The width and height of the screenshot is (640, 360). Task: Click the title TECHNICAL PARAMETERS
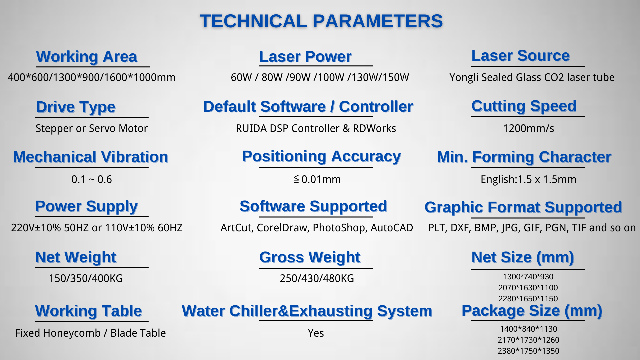321,21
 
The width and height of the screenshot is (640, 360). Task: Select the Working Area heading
87,57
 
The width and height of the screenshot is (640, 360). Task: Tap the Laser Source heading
521,56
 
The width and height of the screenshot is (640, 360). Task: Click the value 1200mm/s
528,128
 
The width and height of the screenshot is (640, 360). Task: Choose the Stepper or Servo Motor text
91,128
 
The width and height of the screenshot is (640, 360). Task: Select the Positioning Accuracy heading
321,157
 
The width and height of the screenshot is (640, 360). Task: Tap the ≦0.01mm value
317,179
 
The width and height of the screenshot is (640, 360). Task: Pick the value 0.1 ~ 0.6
92,179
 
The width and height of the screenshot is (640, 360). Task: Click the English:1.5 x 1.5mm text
528,179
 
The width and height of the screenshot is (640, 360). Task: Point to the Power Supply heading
86,207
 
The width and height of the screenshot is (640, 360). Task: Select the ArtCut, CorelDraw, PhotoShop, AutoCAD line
317,228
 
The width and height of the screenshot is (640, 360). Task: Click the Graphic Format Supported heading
523,207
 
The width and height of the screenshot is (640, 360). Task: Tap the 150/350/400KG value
86,278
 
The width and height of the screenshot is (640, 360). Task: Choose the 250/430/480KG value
317,278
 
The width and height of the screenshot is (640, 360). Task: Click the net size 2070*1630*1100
528,288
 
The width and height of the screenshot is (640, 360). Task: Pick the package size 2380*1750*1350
528,351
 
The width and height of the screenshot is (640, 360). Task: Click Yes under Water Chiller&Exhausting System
316,333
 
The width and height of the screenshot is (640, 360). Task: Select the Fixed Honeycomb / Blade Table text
90,333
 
